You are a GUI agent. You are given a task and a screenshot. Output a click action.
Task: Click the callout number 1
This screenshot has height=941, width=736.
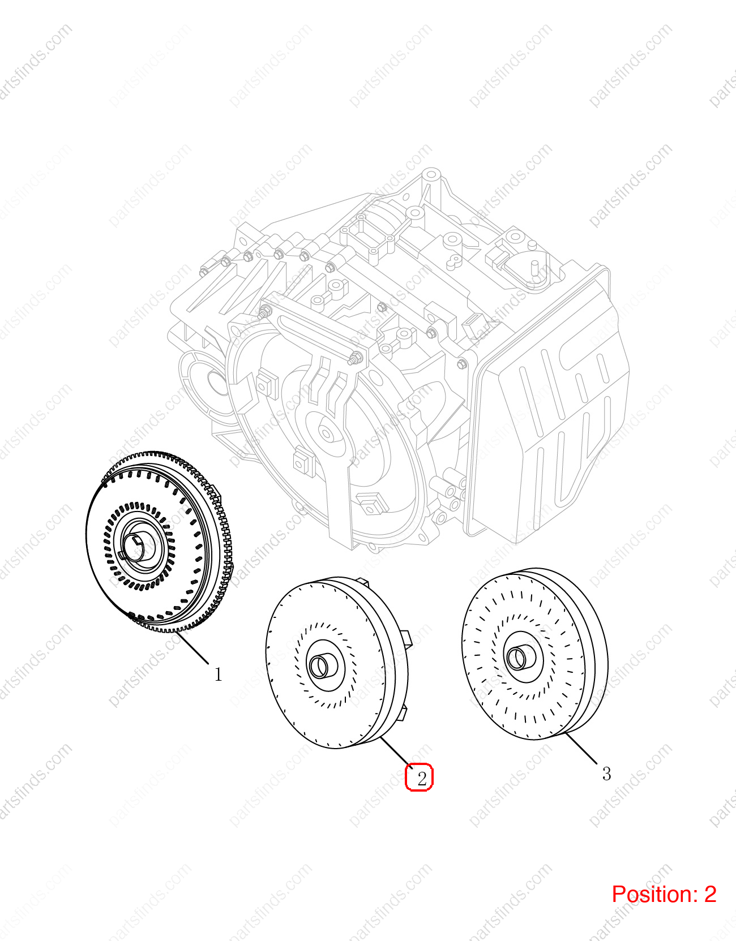point(219,674)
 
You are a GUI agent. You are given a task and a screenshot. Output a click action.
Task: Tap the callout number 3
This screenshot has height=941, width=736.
point(606,774)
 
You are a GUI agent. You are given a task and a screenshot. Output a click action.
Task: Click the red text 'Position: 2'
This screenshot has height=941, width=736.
point(664,895)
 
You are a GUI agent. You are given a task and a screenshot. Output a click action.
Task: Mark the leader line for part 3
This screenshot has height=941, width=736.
point(581,748)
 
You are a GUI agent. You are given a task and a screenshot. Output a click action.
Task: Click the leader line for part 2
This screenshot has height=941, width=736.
point(396,753)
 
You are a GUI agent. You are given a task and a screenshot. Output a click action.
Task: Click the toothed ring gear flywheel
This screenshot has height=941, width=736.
point(159,542)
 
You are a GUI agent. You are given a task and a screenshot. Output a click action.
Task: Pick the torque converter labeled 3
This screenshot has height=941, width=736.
point(535,654)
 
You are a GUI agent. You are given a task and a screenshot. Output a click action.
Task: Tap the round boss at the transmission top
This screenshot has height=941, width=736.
point(431,175)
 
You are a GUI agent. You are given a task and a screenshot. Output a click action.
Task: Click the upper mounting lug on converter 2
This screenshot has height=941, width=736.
point(363,582)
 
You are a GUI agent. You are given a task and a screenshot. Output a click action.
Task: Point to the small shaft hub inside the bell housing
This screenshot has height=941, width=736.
point(326,433)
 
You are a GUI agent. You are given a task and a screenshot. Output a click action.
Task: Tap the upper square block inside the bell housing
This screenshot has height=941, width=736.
point(267,384)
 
